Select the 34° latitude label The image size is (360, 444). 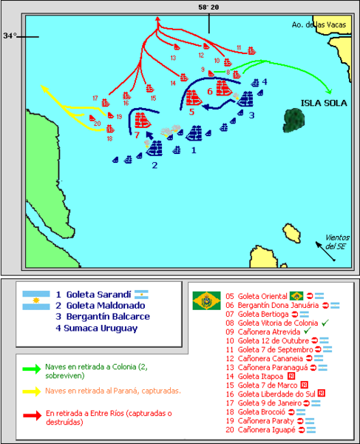(9, 35)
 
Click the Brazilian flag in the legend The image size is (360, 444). (206, 300)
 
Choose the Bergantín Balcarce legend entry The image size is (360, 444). (103, 316)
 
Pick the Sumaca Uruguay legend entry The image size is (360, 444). (101, 327)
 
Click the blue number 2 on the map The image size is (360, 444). (154, 165)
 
